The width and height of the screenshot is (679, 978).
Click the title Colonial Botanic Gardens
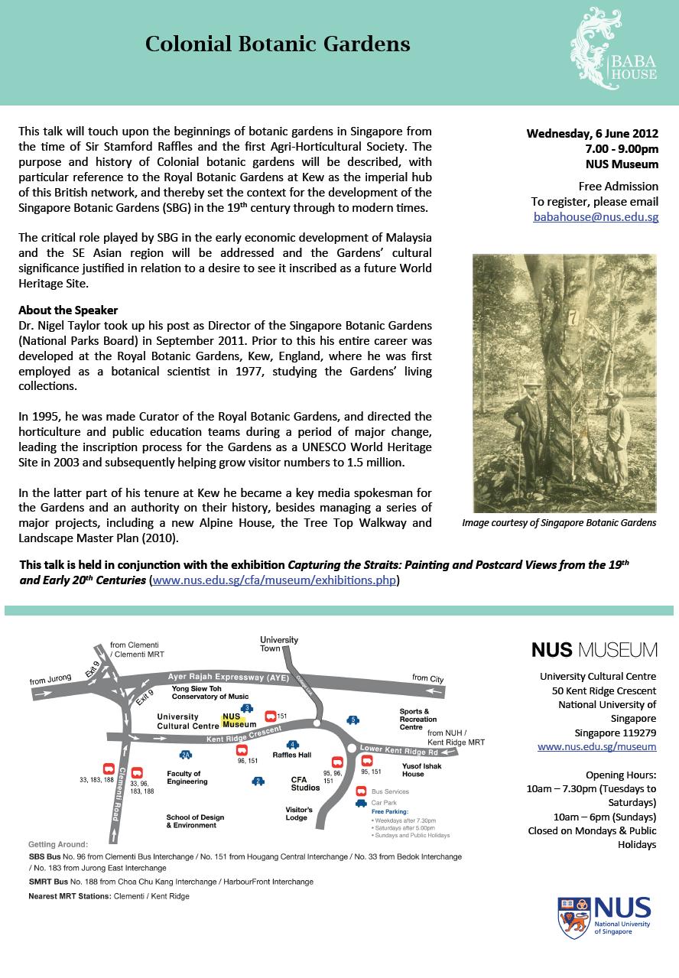278,44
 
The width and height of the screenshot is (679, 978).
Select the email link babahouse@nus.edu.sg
596,217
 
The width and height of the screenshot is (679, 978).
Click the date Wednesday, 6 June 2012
592,133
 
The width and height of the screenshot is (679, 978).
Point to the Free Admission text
618,186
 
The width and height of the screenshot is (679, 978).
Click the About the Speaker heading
69,310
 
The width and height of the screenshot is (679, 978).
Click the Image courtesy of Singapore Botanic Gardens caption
559,523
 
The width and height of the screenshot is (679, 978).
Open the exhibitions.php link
275,580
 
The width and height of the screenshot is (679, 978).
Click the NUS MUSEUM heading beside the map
594,650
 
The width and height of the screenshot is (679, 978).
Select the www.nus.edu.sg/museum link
596,746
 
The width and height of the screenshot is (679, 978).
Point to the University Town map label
279,644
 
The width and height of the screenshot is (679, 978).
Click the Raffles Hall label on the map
292,754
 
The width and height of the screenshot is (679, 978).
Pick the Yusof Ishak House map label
423,768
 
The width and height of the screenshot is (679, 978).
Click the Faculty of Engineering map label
187,778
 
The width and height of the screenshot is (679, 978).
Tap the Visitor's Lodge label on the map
299,813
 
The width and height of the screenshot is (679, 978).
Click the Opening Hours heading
620,775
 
